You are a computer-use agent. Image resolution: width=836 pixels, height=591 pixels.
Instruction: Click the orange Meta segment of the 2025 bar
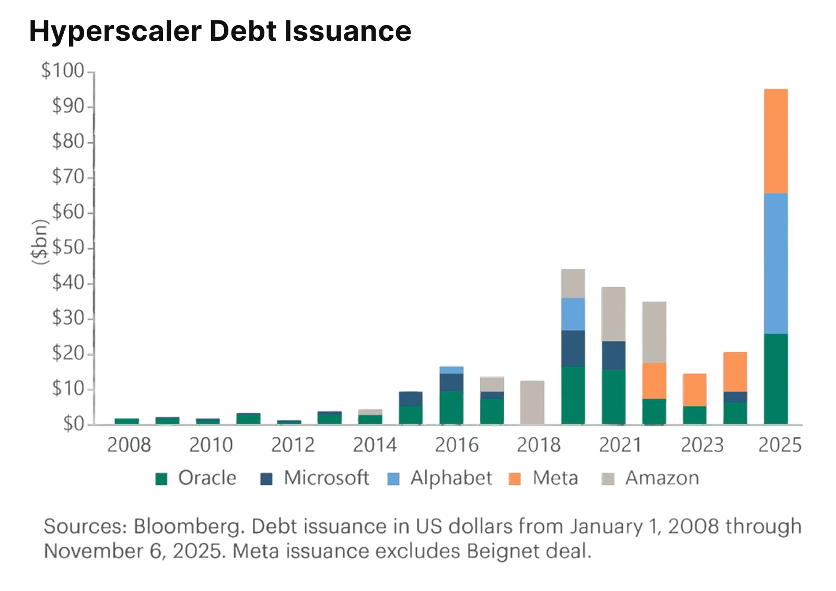775,141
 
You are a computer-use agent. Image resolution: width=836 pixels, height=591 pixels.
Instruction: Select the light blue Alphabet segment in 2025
775,263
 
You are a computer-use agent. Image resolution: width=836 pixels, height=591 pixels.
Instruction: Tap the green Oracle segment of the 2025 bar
775,379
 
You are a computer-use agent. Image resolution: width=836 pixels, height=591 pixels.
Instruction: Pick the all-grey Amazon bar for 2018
532,402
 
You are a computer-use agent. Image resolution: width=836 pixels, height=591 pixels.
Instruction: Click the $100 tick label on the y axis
63,71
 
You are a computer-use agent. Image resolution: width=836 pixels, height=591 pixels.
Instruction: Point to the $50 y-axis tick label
68,248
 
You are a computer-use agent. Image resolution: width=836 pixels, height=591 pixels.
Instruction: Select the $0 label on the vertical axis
73,424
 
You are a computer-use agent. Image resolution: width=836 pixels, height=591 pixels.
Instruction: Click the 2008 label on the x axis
129,445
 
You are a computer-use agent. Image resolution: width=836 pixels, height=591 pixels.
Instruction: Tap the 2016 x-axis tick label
457,445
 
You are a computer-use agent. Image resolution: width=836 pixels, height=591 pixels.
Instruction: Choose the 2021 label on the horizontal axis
620,445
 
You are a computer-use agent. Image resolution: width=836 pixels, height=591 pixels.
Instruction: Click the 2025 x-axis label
780,445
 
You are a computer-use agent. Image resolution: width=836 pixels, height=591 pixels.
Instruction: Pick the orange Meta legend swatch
515,479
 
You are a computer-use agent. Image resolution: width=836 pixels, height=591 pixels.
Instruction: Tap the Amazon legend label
662,478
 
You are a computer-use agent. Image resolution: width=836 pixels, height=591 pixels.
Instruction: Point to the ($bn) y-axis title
40,241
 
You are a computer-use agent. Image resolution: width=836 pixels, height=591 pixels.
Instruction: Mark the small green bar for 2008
126,421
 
